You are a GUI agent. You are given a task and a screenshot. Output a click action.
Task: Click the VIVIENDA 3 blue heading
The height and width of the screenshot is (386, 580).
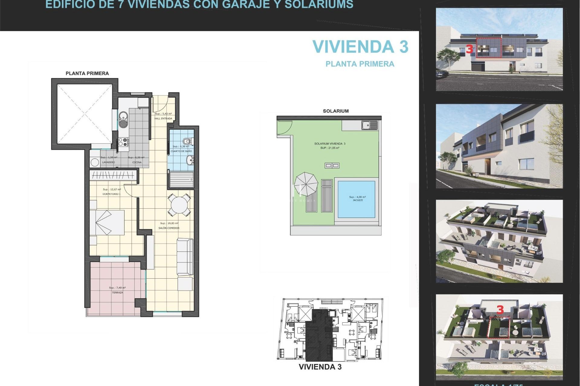(x=360, y=47)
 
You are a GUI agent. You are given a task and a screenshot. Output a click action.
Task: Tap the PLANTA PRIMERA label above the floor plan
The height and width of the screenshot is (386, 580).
(x=87, y=73)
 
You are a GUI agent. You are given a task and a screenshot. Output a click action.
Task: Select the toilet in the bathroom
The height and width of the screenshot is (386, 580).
(x=187, y=141)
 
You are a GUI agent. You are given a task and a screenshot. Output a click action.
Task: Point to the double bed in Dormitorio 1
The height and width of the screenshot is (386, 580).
(x=107, y=223)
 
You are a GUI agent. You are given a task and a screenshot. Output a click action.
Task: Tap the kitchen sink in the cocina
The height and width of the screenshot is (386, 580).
(x=123, y=119)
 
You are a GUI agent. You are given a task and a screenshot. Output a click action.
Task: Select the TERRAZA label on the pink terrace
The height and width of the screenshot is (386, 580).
(x=117, y=293)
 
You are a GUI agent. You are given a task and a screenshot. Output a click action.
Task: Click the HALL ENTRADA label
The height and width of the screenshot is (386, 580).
(x=163, y=119)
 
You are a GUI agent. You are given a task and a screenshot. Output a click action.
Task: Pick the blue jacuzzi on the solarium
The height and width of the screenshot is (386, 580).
(x=356, y=199)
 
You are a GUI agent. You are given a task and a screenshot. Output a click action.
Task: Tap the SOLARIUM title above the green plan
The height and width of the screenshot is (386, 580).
(x=336, y=111)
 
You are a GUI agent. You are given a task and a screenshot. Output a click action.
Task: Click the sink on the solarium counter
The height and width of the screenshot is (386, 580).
(x=369, y=125)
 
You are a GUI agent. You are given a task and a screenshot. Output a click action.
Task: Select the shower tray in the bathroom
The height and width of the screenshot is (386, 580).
(x=181, y=179)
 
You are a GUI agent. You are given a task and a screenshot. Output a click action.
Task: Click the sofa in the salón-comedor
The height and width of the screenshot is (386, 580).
(x=185, y=256)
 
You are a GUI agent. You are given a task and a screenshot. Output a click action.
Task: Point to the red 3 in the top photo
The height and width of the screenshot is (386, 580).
(x=469, y=49)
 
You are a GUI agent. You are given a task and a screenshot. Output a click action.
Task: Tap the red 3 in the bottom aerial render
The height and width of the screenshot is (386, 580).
(x=500, y=310)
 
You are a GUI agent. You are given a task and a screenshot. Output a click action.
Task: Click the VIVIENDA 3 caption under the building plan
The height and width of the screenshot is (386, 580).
(x=320, y=367)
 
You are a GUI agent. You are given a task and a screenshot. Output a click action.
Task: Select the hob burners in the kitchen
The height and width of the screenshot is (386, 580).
(x=123, y=142)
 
